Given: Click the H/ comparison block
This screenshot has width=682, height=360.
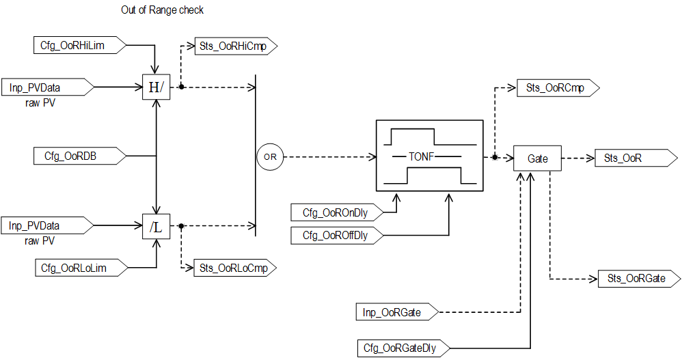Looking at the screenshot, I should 156,87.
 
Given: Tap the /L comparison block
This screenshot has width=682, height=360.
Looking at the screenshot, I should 156,227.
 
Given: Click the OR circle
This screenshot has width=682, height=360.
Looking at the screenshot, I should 270,157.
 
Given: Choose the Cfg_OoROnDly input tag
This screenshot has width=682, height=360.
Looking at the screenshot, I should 336,212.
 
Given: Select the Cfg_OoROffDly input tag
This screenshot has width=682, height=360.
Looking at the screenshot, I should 336,236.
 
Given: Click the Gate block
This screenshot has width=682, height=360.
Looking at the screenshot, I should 537,158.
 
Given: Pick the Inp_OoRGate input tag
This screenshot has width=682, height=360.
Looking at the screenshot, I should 395,313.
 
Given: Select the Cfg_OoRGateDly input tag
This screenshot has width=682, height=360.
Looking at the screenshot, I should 401,347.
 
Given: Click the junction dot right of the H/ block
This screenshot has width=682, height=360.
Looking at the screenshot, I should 181,87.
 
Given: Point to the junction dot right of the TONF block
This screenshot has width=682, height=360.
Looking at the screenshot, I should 494,157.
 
